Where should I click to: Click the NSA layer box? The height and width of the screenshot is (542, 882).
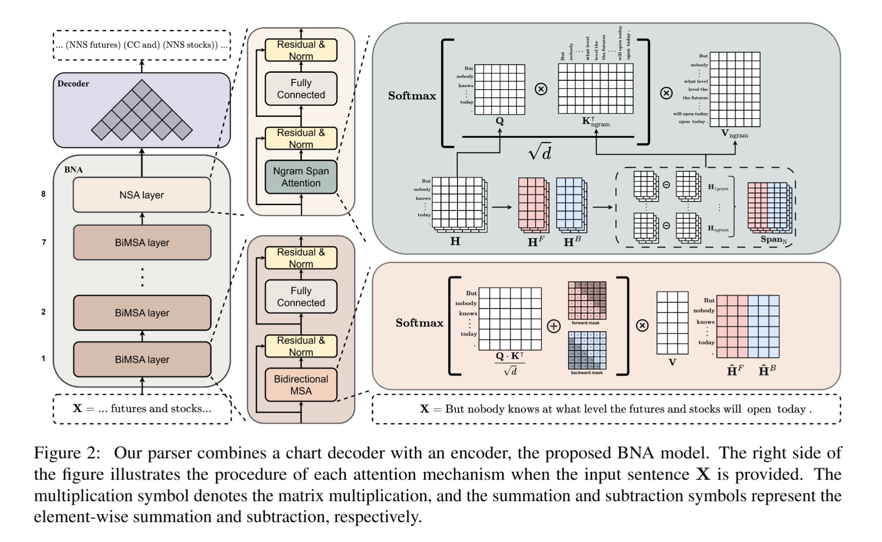[x=142, y=195]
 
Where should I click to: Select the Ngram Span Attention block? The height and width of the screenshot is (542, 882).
[x=301, y=177]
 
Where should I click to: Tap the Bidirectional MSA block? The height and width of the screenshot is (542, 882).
[x=301, y=385]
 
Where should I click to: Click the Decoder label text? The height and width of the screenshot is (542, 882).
[x=73, y=84]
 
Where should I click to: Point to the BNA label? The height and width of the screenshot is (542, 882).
[x=73, y=170]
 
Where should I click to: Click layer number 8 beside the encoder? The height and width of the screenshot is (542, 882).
[x=43, y=194]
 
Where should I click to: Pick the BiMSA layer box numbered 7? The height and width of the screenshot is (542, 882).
[x=142, y=242]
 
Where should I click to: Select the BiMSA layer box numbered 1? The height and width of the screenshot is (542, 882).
[x=142, y=359]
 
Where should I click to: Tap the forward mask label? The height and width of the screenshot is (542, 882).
[x=585, y=323]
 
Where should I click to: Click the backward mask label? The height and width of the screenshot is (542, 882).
[x=586, y=373]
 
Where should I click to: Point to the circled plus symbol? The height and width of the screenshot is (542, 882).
[x=553, y=326]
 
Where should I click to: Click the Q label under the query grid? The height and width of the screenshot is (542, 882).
[x=499, y=121]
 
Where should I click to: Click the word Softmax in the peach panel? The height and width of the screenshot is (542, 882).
[x=419, y=323]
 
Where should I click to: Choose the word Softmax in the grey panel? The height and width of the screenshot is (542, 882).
[x=412, y=96]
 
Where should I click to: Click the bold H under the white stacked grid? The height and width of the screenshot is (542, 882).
[x=455, y=242]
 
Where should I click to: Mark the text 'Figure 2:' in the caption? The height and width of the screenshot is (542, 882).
[x=67, y=453]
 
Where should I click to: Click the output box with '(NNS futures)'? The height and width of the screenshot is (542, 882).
[x=142, y=45]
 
